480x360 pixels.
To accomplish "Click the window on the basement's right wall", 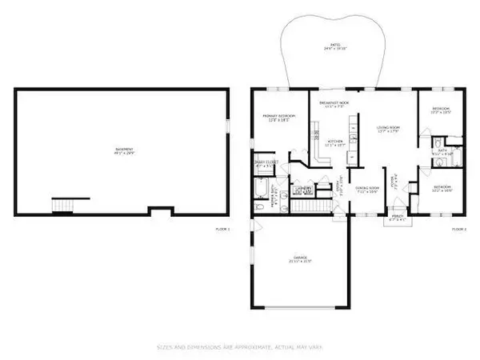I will tap(228, 127).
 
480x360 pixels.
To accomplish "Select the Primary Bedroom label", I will tap(279, 118).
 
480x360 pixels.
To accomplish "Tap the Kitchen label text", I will tap(336, 143).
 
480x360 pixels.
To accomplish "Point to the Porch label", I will tap(397, 217).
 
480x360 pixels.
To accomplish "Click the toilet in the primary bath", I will tap(258, 207).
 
